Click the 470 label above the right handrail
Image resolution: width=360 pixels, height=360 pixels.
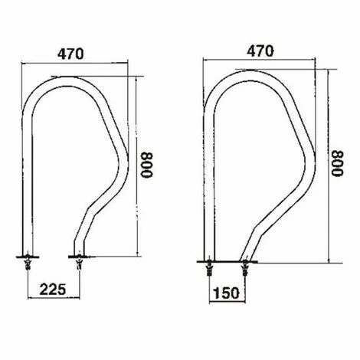tap(261, 51)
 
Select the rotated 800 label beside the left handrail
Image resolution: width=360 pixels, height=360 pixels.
tap(149, 162)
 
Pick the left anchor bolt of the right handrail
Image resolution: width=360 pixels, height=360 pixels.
tap(210, 267)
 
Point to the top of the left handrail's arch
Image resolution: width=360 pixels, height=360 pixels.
tap(77, 78)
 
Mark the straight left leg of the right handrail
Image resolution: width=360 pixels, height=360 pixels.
tap(209, 184)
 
